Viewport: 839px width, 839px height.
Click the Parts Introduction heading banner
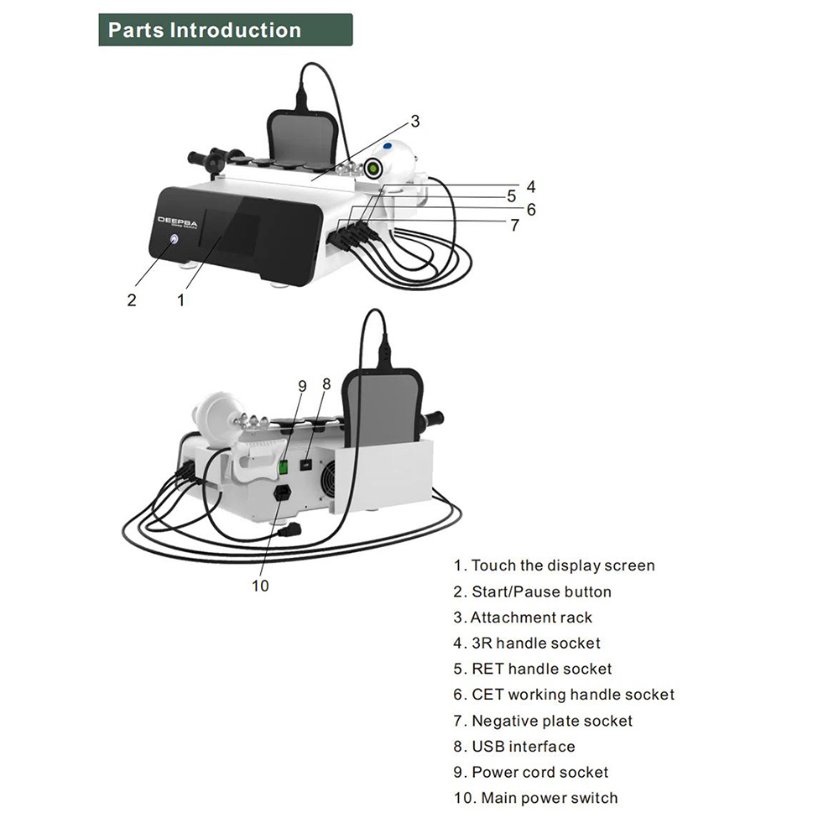coord(225,31)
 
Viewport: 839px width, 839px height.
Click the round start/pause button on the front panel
coord(174,240)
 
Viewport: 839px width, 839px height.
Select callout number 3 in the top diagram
coord(414,122)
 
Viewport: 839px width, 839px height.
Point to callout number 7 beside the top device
coord(513,225)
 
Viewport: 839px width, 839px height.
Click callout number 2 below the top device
coord(132,300)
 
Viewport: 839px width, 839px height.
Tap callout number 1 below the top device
coord(180,300)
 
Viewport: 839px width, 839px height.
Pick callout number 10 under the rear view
coord(260,586)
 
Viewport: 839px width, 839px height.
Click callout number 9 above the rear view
coord(303,386)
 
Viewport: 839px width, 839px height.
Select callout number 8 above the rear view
coord(326,383)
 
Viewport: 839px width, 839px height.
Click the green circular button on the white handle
coord(372,169)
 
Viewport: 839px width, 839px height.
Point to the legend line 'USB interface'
coord(514,747)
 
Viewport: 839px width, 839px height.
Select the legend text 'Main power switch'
coord(535,798)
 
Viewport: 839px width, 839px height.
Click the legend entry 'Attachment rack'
coord(523,618)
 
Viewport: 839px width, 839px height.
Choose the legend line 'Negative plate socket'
coord(543,721)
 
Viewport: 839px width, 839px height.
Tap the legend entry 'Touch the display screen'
coord(554,566)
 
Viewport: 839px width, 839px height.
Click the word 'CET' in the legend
coord(487,695)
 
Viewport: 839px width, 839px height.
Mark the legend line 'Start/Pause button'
coord(533,592)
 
